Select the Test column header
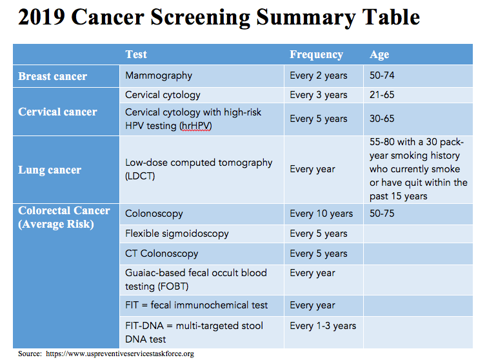[136, 54]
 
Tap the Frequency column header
[316, 54]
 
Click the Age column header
[379, 54]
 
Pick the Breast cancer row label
[52, 76]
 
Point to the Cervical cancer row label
[57, 112]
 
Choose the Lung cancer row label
[50, 170]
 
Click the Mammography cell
[159, 75]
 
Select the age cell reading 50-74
[382, 75]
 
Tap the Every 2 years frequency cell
[319, 75]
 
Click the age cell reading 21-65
[382, 95]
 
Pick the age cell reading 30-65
[382, 119]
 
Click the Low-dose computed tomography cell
[199, 169]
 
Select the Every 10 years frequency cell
[321, 214]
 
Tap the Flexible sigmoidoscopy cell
[177, 234]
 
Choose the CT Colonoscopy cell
[162, 254]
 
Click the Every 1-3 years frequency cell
[323, 325]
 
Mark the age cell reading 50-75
[382, 214]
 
